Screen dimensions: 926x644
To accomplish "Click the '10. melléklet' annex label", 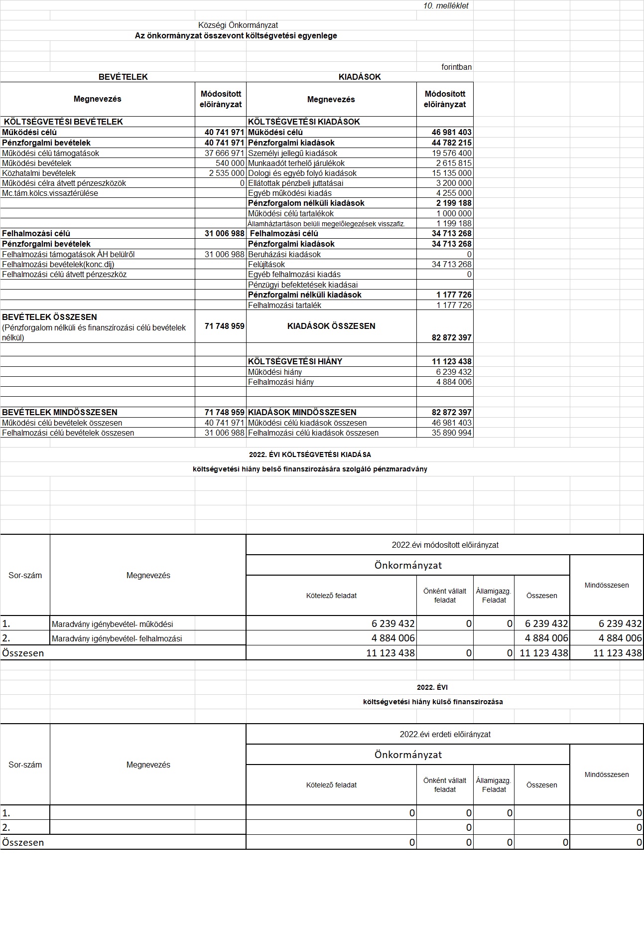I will pos(446,6).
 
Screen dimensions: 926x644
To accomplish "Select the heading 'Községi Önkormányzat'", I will pos(238,25).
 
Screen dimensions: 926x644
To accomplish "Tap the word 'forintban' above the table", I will pos(456,67).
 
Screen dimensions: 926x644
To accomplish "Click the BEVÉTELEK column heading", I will pos(123,77).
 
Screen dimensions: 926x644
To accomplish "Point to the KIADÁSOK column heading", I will pos(360,77).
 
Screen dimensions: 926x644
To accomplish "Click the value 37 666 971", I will pos(225,153).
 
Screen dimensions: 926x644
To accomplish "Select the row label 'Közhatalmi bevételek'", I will pos(39,173).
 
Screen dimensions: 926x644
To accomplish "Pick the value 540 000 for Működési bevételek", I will pos(230,163).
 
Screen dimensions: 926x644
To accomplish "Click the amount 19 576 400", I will pos(452,153).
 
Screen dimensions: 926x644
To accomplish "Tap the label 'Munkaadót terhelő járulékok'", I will pos(296,163).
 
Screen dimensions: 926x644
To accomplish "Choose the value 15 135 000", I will pos(452,173).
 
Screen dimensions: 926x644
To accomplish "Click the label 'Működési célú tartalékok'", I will pos(291,213).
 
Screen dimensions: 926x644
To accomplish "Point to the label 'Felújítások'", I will pos(266,264).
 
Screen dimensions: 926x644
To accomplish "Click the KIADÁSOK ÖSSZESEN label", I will pos(331,326).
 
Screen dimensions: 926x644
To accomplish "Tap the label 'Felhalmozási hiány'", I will pos(281,382).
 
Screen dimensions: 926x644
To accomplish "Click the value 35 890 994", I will pos(452,433).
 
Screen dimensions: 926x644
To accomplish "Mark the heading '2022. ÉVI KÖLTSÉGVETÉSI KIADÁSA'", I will pos(310,455).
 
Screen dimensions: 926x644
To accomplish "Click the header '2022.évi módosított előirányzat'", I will pos(445,545).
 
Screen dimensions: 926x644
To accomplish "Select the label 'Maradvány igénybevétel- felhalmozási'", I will pos(117,638).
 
